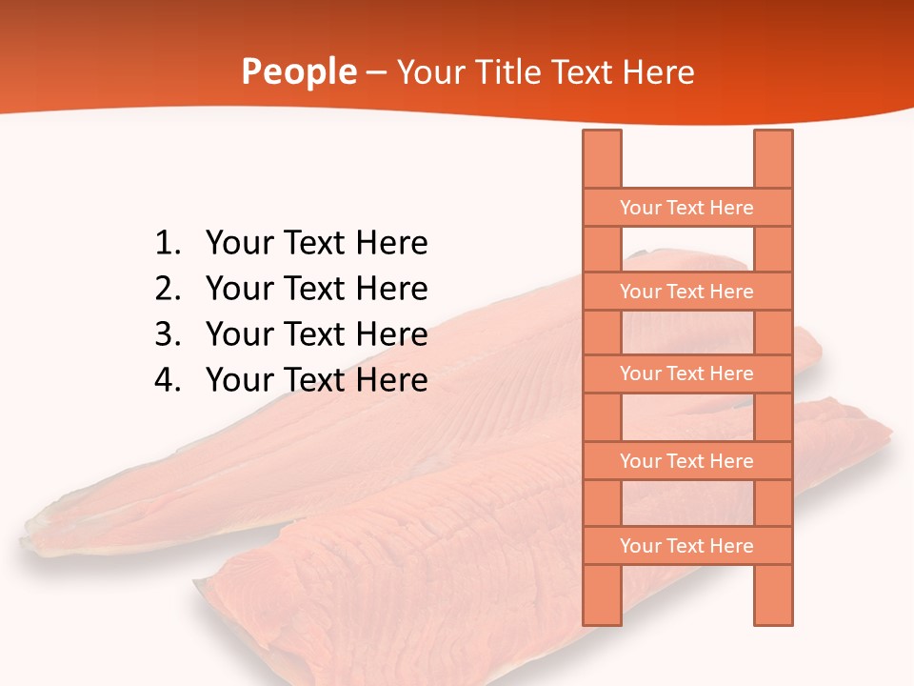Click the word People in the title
[x=298, y=71]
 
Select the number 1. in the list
[x=168, y=243]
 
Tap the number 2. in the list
[x=168, y=288]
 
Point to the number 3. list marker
[x=168, y=333]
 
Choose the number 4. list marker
[x=168, y=379]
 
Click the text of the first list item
[x=316, y=243]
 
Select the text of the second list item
[x=316, y=288]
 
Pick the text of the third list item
[x=316, y=333]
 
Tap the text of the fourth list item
[x=316, y=379]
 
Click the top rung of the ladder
[x=686, y=208]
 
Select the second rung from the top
[x=686, y=292]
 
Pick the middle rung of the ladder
[x=686, y=373]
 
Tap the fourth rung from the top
[x=686, y=461]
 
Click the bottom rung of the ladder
[x=686, y=546]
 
